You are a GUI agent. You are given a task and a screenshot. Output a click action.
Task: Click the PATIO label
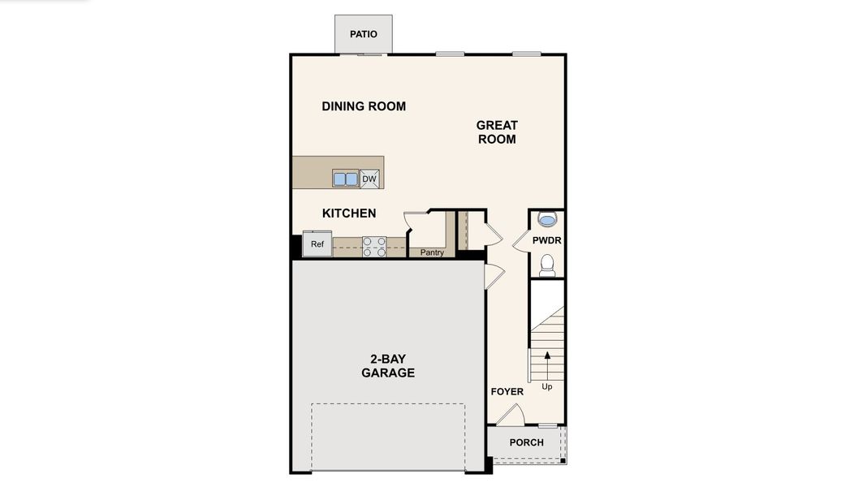[364, 34]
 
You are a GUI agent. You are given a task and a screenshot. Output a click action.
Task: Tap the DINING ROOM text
[364, 106]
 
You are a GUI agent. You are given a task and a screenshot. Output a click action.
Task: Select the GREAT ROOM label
[496, 132]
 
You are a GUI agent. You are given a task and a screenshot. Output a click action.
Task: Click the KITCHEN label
[349, 213]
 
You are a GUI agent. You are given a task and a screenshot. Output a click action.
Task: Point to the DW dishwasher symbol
[369, 179]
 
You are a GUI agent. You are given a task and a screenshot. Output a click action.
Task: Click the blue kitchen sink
[345, 179]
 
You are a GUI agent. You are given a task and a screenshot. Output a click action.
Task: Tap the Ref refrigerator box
[317, 243]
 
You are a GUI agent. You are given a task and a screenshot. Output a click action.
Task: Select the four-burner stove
[373, 247]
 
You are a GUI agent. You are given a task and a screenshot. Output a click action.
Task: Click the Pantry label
[432, 252]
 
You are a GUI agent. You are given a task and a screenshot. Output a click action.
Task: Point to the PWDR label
[547, 241]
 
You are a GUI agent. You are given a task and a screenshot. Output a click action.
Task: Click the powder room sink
[548, 220]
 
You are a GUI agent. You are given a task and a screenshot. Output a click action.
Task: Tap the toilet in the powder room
[548, 265]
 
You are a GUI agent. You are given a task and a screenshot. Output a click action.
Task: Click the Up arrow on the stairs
[547, 361]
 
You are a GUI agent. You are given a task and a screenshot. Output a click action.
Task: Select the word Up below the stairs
[547, 387]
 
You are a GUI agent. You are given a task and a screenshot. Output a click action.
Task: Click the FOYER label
[507, 392]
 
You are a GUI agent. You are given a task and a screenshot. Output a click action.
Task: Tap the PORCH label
[526, 442]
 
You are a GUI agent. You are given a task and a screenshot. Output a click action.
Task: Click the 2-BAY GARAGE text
[388, 366]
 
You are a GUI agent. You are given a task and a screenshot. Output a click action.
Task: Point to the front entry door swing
[510, 415]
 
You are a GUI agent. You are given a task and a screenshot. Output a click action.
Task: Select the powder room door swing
[521, 241]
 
